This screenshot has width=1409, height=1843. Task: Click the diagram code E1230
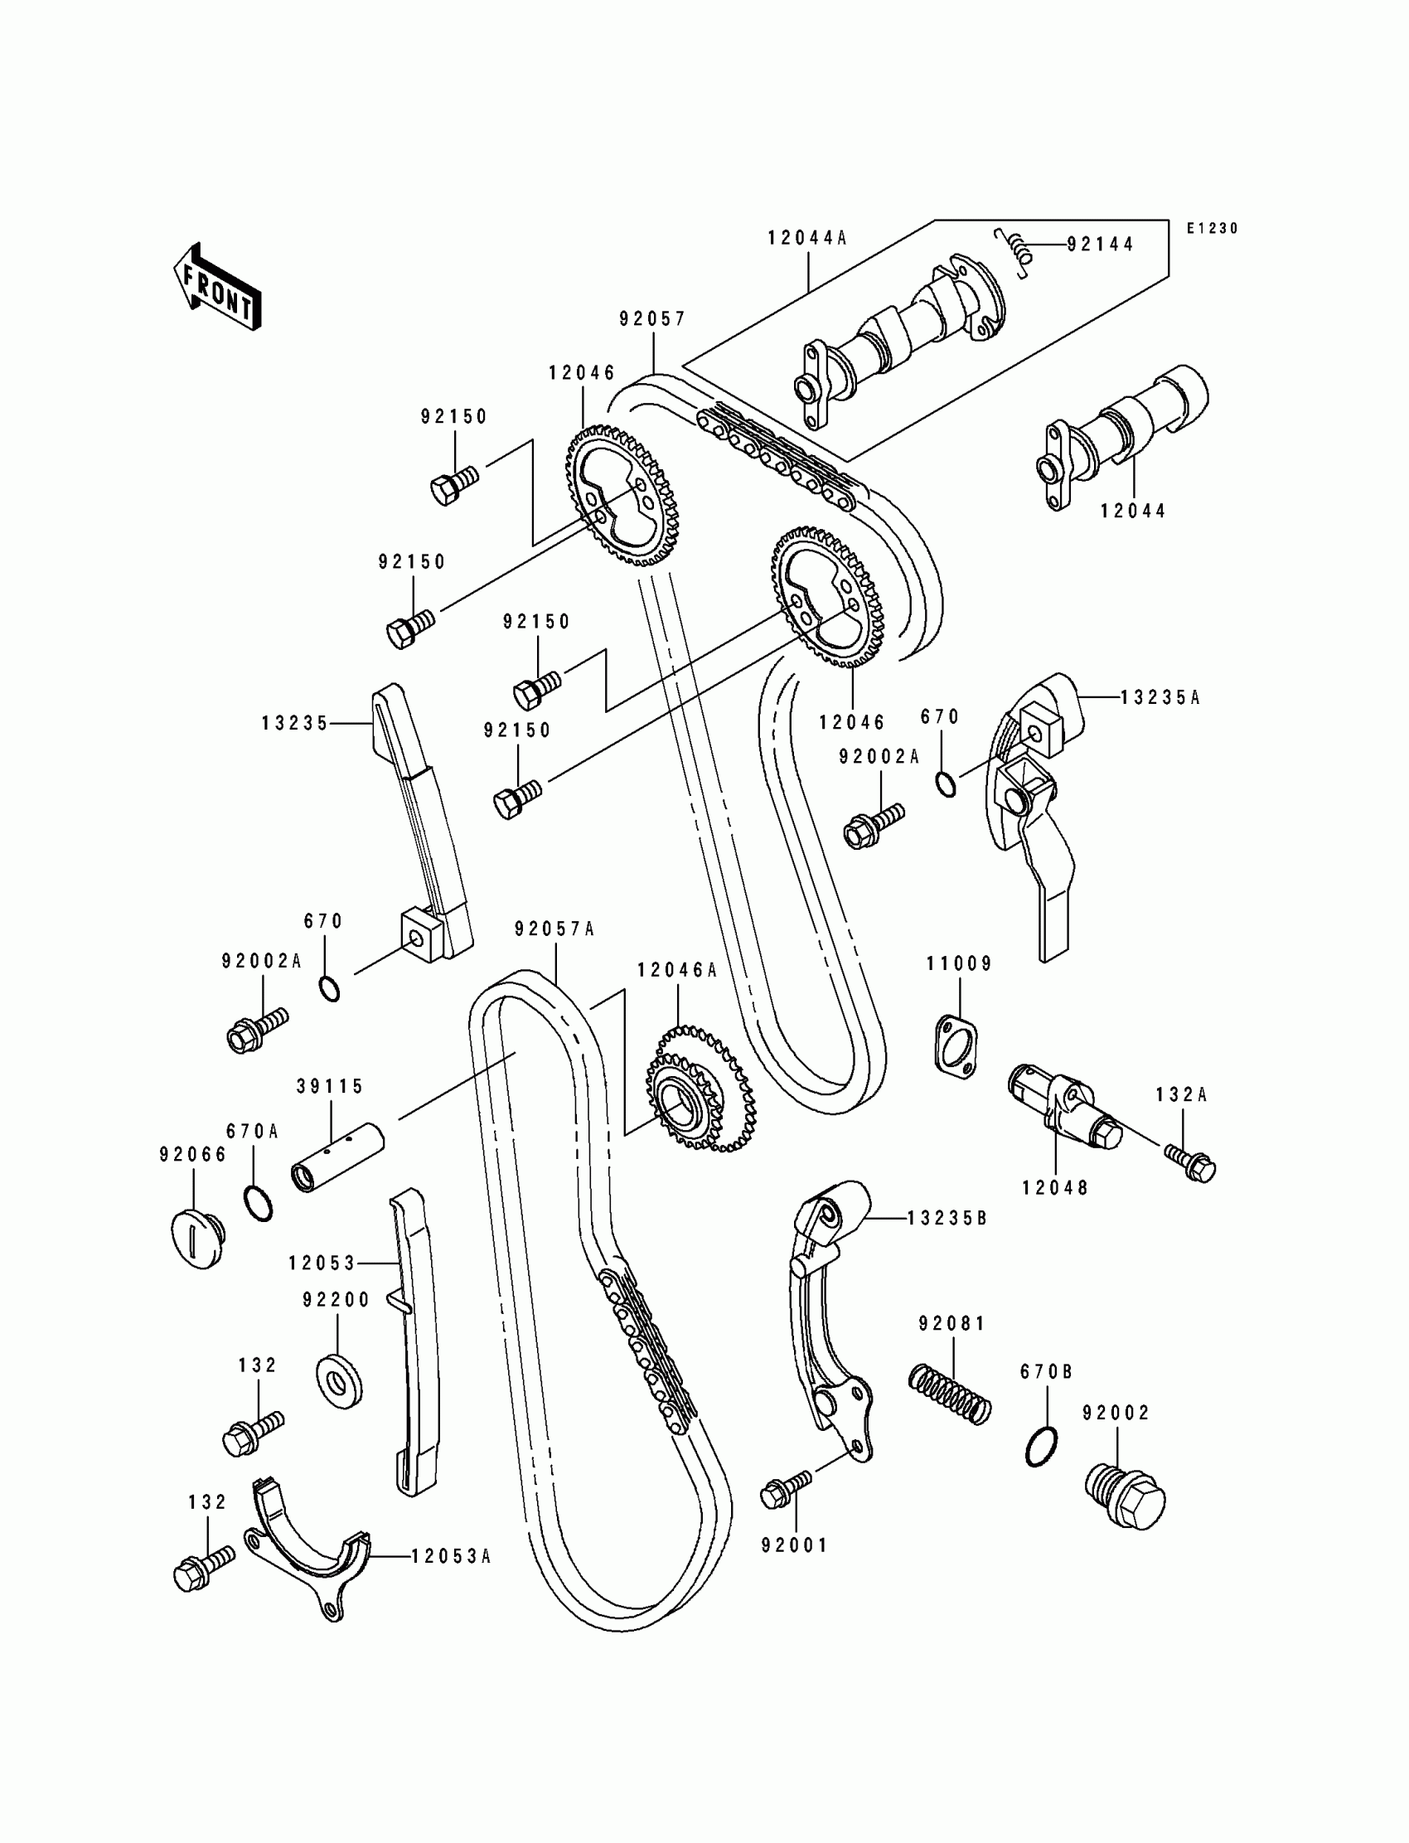pyautogui.click(x=1212, y=228)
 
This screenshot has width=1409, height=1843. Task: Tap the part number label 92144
pyautogui.click(x=1100, y=244)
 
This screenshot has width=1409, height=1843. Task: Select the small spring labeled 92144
pyautogui.click(x=1013, y=250)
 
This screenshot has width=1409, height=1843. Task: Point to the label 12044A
pyautogui.click(x=806, y=238)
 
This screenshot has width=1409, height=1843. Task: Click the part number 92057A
pyautogui.click(x=554, y=929)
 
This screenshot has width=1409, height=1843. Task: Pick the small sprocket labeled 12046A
pyautogui.click(x=701, y=1087)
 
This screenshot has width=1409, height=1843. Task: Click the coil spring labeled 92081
pyautogui.click(x=950, y=1394)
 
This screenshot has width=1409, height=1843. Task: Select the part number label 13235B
pyautogui.click(x=947, y=1219)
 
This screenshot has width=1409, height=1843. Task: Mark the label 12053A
pyautogui.click(x=450, y=1556)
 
